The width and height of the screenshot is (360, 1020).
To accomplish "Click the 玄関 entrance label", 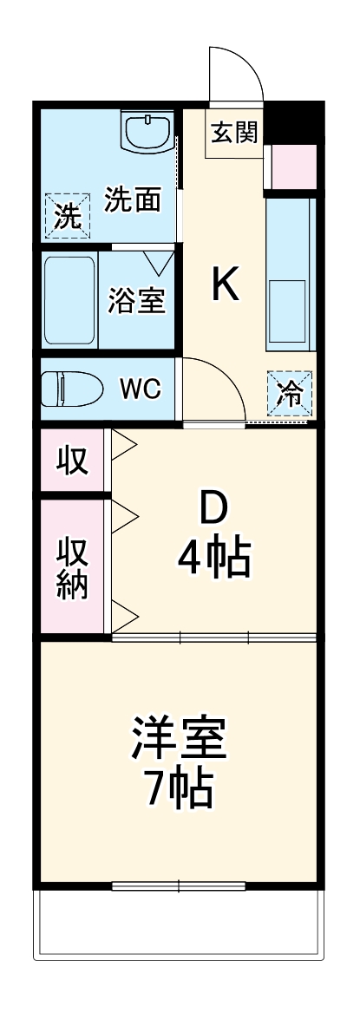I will [x=234, y=134].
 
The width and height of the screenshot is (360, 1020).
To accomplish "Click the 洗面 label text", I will [x=133, y=200].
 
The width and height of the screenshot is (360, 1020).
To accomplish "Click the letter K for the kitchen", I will [x=226, y=284].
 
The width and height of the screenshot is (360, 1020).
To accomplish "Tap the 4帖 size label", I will [x=214, y=559].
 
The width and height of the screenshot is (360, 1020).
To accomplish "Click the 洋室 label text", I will [x=180, y=737].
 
